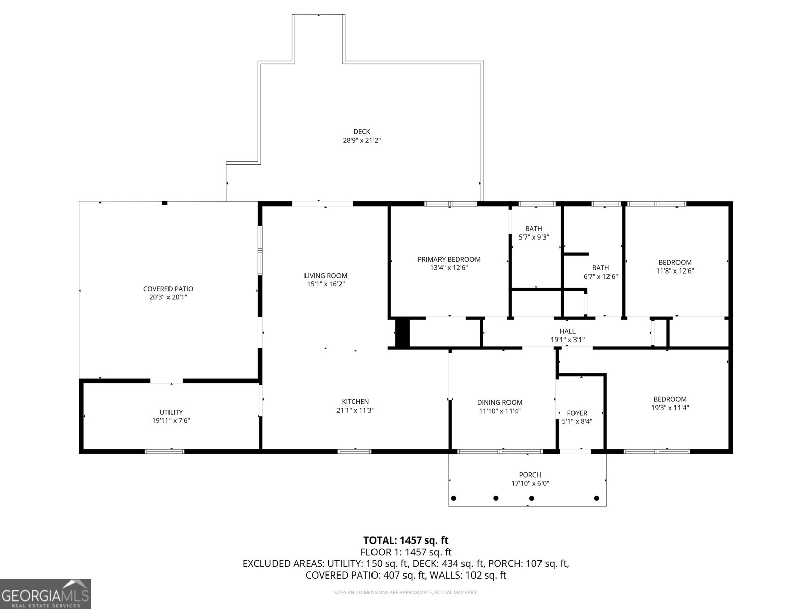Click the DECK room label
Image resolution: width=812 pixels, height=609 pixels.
click(x=361, y=131)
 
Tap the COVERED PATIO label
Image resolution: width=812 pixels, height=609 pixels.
click(x=168, y=289)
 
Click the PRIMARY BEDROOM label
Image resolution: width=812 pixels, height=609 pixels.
click(x=449, y=259)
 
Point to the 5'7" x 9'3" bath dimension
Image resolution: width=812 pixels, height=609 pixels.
click(x=533, y=237)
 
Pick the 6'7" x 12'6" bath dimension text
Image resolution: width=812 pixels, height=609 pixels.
click(x=600, y=277)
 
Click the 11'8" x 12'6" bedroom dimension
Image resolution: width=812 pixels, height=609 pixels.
click(x=674, y=271)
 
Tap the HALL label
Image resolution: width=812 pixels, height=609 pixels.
click(x=567, y=331)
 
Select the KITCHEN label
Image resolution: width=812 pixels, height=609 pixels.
click(x=355, y=401)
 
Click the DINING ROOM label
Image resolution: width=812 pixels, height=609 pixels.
click(x=499, y=402)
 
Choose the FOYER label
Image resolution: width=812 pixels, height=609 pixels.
click(x=577, y=413)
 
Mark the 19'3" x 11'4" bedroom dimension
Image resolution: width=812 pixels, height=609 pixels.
click(x=669, y=408)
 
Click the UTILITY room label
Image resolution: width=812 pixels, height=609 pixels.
click(x=171, y=412)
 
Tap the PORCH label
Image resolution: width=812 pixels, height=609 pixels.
click(x=530, y=475)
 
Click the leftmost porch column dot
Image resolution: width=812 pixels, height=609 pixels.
click(x=454, y=498)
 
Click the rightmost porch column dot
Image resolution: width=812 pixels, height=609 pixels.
click(x=597, y=498)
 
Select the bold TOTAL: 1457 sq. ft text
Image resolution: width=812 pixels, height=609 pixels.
click(x=405, y=540)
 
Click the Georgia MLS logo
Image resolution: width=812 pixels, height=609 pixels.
click(x=45, y=593)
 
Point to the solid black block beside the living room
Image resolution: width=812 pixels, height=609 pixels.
click(x=402, y=332)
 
